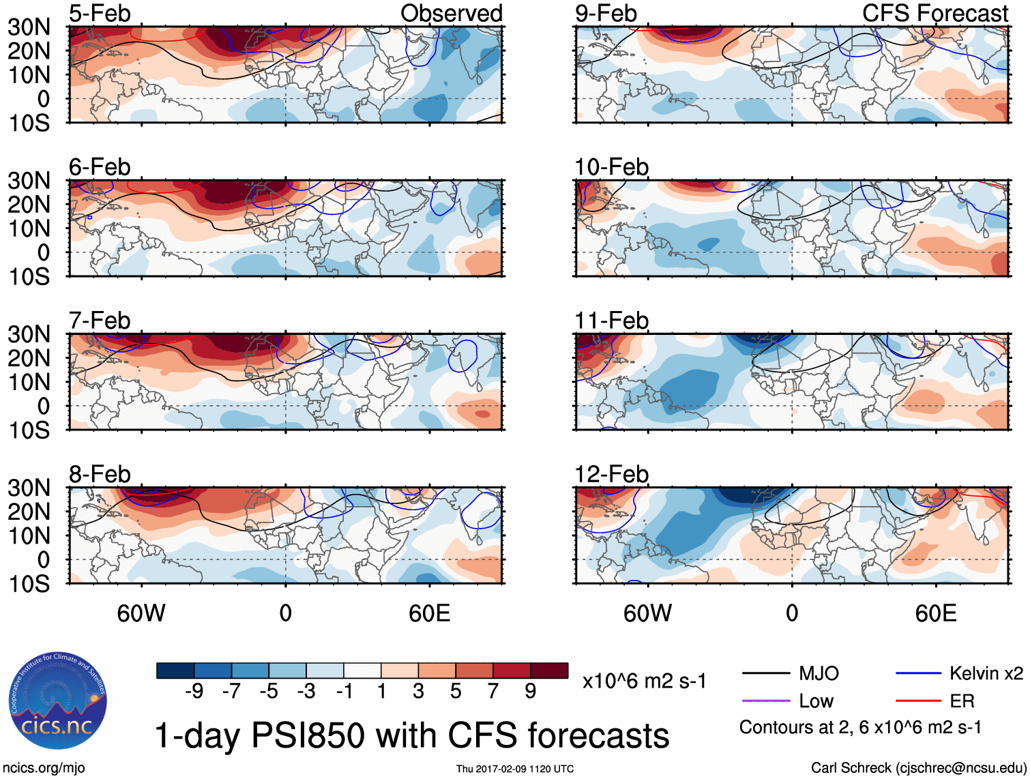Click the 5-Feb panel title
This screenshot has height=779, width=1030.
100,14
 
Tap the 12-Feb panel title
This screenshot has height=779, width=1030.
611,474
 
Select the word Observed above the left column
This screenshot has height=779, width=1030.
451,14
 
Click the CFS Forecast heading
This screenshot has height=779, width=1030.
935,14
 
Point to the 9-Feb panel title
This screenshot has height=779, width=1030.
606,14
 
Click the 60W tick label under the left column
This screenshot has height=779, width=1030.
141,613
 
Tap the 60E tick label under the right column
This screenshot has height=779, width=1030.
935,613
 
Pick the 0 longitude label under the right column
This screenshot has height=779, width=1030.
791,613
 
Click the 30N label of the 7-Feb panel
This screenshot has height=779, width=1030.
29,334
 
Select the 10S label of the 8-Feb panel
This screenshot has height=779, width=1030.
29,584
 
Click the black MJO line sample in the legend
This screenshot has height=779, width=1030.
765,674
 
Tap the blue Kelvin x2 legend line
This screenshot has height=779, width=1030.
918,674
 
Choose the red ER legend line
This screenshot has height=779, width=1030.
918,701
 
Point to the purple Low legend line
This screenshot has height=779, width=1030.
765,701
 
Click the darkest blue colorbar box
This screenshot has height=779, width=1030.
175,671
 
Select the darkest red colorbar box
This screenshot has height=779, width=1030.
549,671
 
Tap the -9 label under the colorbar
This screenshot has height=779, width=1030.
194,692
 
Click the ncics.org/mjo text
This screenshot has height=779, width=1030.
44,768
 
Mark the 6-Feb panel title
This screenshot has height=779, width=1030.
100,167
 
